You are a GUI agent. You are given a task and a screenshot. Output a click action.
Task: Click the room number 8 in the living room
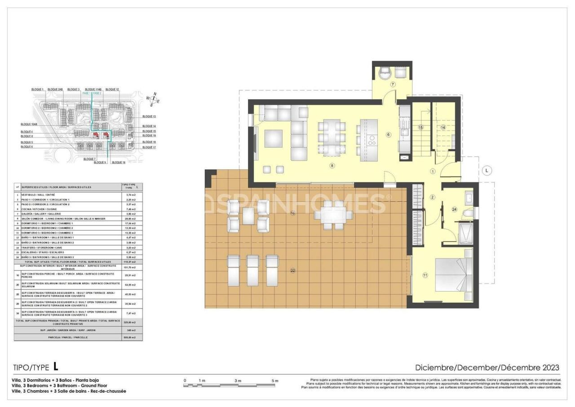coord(332,165)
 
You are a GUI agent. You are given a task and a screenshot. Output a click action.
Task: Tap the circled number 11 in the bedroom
coord(425,275)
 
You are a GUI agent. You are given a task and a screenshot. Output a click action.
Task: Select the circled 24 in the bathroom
coord(454,209)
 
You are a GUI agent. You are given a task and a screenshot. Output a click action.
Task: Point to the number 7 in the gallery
coord(392,84)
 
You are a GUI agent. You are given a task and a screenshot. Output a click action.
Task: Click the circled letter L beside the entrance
coord(487,170)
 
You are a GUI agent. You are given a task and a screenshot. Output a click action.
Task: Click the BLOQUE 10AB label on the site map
coord(29,124)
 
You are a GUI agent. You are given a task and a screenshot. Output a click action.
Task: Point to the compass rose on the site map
coord(153,99)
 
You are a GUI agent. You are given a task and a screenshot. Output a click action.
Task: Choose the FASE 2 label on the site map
coord(97,93)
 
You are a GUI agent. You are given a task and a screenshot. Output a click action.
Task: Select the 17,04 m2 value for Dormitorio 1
coord(131,223)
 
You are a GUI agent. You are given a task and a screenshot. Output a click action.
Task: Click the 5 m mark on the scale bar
coord(274,381)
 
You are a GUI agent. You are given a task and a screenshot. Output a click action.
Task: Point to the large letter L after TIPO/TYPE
coord(56,367)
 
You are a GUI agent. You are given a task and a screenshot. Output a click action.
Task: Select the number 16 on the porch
coord(292,213)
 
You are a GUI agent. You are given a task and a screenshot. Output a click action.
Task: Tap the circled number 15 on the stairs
coord(420,128)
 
